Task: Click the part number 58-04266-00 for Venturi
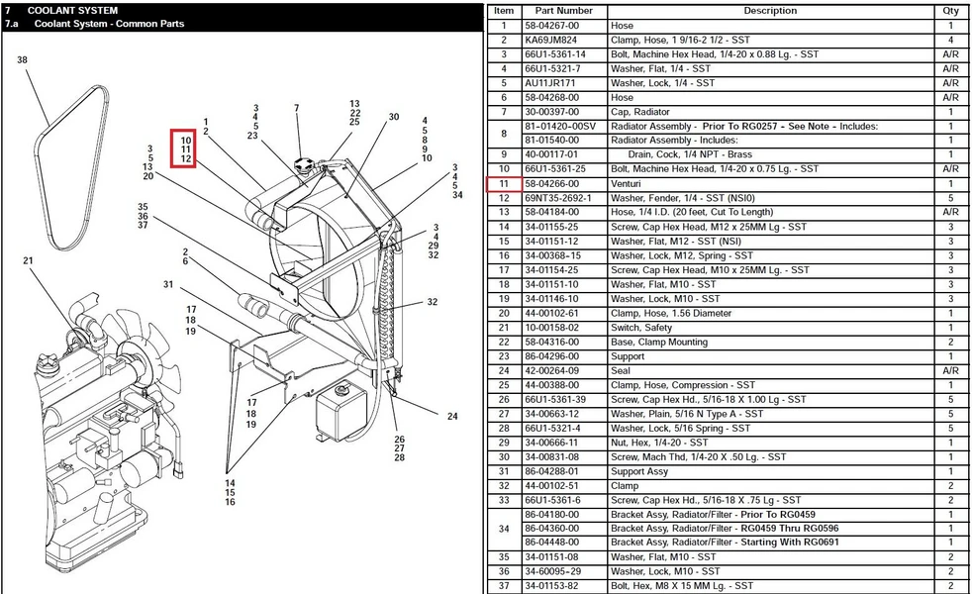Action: pyautogui.click(x=551, y=183)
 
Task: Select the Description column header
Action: pyautogui.click(x=770, y=11)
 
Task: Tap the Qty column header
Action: pyautogui.click(x=950, y=11)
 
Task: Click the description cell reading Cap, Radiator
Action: pyautogui.click(x=639, y=112)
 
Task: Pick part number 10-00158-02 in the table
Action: pyautogui.click(x=551, y=328)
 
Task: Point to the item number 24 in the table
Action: pyautogui.click(x=504, y=371)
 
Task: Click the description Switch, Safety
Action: pyautogui.click(x=641, y=328)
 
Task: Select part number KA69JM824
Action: pyautogui.click(x=550, y=40)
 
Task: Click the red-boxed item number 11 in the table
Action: pyautogui.click(x=504, y=183)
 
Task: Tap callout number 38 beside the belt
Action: pyautogui.click(x=23, y=60)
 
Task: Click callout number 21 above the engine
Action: pyautogui.click(x=28, y=260)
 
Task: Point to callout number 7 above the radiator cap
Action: pyautogui.click(x=297, y=108)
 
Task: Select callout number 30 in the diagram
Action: pyautogui.click(x=394, y=117)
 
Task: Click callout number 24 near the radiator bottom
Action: pyautogui.click(x=452, y=416)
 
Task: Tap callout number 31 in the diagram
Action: pyautogui.click(x=168, y=284)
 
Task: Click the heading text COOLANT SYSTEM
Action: pyautogui.click(x=72, y=11)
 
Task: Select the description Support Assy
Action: pyautogui.click(x=639, y=471)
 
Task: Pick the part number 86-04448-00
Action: pyautogui.click(x=551, y=542)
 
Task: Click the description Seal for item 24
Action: pyautogui.click(x=621, y=371)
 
